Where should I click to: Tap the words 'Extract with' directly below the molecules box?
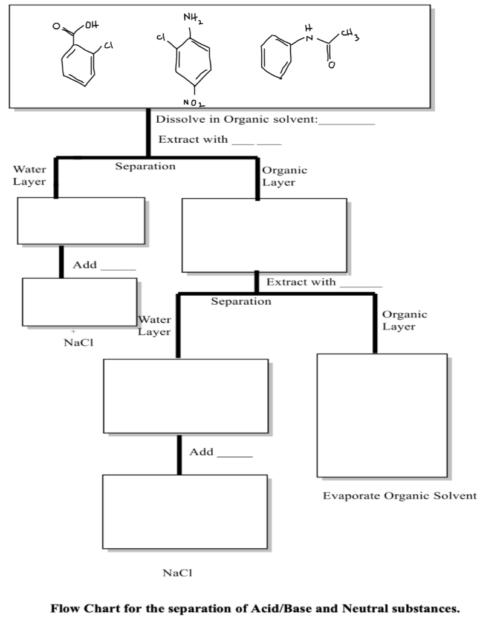click(193, 140)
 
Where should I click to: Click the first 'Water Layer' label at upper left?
click(29, 176)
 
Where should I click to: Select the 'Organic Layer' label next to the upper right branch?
click(284, 177)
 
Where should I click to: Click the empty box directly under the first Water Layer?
click(81, 221)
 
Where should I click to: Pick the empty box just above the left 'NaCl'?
click(79, 302)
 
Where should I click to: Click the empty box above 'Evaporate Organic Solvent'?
click(382, 416)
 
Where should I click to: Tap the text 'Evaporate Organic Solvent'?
click(400, 496)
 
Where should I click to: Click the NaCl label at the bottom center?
click(177, 572)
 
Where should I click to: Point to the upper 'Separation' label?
click(146, 166)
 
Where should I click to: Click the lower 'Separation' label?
click(241, 301)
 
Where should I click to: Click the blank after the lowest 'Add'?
click(235, 453)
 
